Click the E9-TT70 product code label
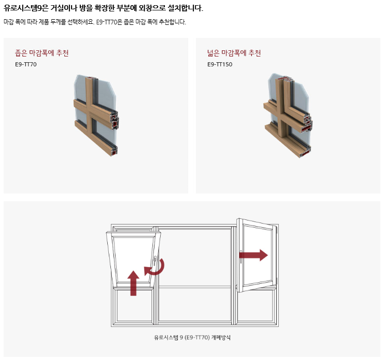25,64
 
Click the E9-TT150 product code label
220,64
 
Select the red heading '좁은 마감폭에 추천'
42,53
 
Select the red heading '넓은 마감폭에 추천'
234,53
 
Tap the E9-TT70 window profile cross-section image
96,115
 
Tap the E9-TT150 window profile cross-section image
288,115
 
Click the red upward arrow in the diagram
133,283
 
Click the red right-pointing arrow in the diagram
253,255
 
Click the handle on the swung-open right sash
241,257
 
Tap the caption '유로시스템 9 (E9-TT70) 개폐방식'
192,338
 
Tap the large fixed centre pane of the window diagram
194,257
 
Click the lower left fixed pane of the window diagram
133,305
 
